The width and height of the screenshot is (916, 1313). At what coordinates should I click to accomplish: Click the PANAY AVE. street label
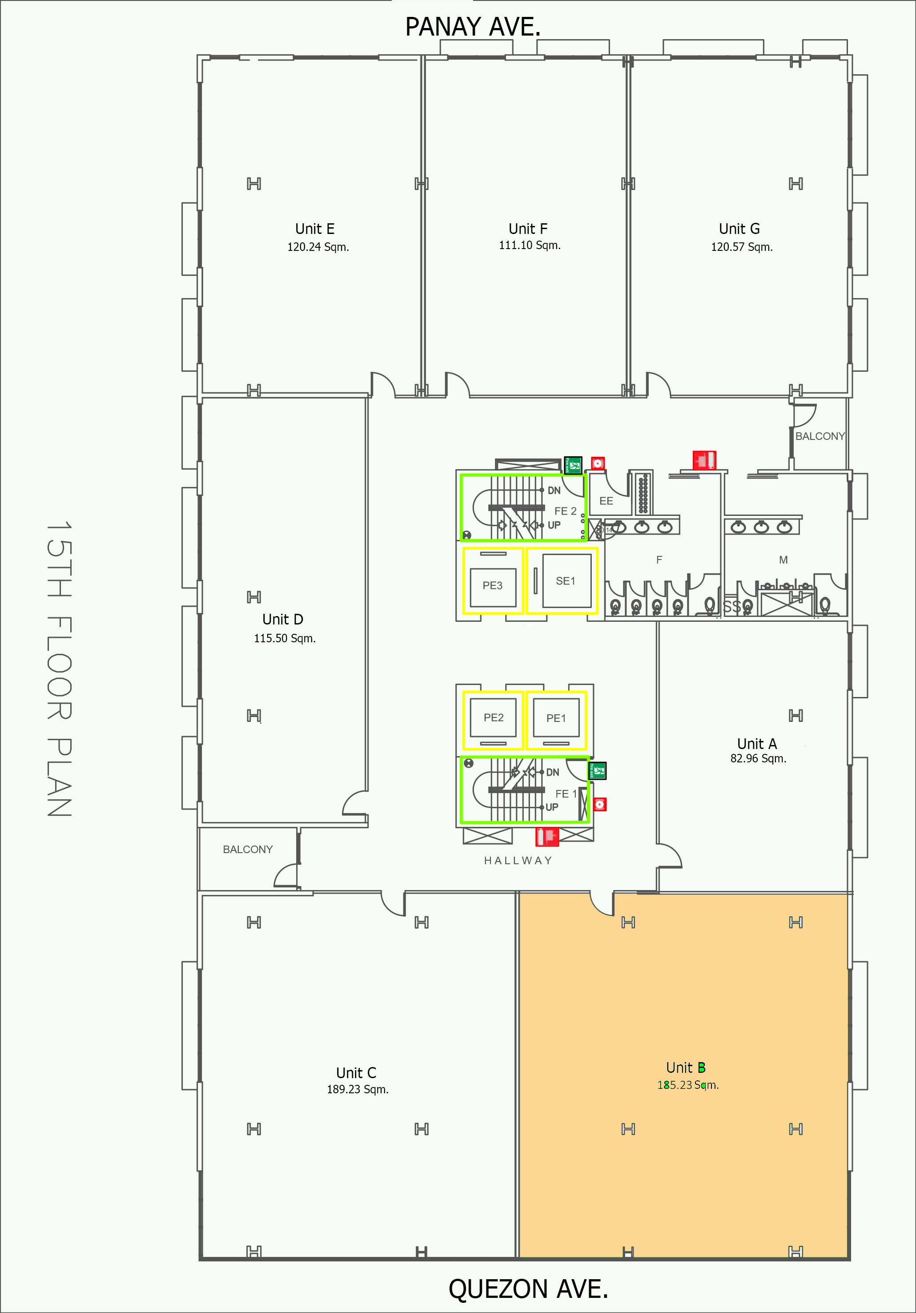[472, 27]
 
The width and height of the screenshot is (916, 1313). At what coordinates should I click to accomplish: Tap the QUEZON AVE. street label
[528, 1289]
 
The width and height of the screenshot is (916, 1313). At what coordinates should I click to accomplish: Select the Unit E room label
[314, 229]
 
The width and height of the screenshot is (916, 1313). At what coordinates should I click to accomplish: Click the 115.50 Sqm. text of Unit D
[285, 638]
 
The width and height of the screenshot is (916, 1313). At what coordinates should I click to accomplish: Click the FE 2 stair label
[565, 511]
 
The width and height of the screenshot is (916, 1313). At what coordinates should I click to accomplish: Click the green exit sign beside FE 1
[598, 771]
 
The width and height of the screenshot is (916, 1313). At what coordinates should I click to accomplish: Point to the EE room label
[606, 501]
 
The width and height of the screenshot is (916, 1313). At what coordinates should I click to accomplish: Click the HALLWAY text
[518, 861]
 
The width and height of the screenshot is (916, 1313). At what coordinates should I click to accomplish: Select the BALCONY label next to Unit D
[248, 849]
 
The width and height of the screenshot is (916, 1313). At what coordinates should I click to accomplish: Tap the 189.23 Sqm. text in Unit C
[358, 1089]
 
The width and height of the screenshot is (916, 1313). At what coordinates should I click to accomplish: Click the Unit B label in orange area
[686, 1067]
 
